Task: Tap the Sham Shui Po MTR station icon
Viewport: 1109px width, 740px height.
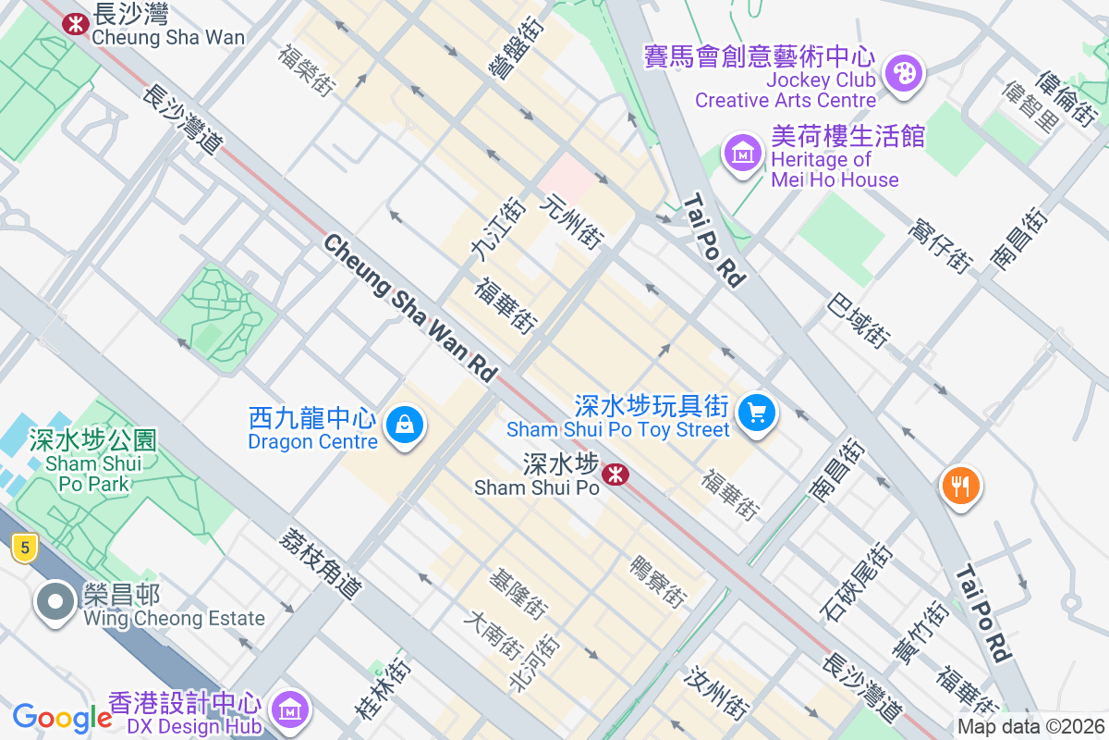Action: [615, 475]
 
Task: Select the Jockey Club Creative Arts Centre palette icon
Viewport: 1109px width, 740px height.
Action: [903, 75]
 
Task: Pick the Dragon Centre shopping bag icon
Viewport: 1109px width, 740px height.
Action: [405, 425]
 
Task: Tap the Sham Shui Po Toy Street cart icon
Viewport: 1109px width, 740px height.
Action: [758, 413]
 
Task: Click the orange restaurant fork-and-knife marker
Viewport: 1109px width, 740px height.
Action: [960, 485]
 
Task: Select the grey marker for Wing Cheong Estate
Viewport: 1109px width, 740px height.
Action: [55, 602]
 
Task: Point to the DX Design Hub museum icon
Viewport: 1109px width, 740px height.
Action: [291, 709]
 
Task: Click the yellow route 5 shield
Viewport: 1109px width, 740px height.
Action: [24, 549]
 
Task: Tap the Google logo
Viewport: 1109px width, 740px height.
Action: [62, 718]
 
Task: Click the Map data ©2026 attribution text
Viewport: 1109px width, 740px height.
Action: [1030, 726]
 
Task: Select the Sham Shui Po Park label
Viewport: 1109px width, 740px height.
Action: [93, 462]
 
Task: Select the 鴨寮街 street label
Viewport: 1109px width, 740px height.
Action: [658, 581]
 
